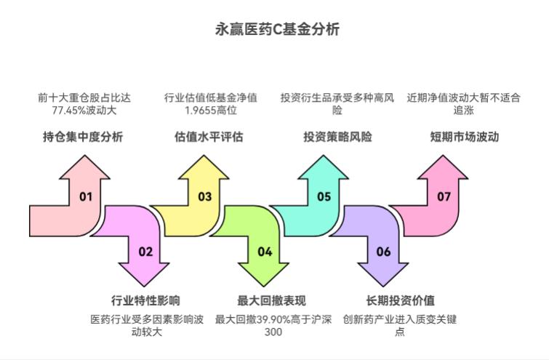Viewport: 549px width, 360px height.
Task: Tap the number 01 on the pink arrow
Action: pos(86,196)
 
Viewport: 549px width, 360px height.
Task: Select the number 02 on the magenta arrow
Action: pos(145,252)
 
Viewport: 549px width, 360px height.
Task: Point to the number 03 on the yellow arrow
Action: pos(204,196)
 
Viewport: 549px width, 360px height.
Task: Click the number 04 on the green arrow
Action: pos(265,252)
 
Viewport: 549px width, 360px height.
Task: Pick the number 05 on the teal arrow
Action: pos(324,196)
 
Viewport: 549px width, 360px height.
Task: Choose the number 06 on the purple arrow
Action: pos(383,252)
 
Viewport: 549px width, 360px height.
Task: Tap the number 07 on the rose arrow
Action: pos(444,196)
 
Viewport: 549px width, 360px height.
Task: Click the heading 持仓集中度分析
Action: pos(83,136)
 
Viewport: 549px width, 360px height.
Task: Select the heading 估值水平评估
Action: pos(209,136)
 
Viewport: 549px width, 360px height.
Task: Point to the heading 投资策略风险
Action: pos(337,136)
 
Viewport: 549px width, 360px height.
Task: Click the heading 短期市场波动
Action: pos(464,136)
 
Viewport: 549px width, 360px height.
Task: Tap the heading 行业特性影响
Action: pos(145,300)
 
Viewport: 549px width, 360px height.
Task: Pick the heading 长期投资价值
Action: pos(399,300)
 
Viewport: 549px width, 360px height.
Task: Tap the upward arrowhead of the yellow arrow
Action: pos(204,167)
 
